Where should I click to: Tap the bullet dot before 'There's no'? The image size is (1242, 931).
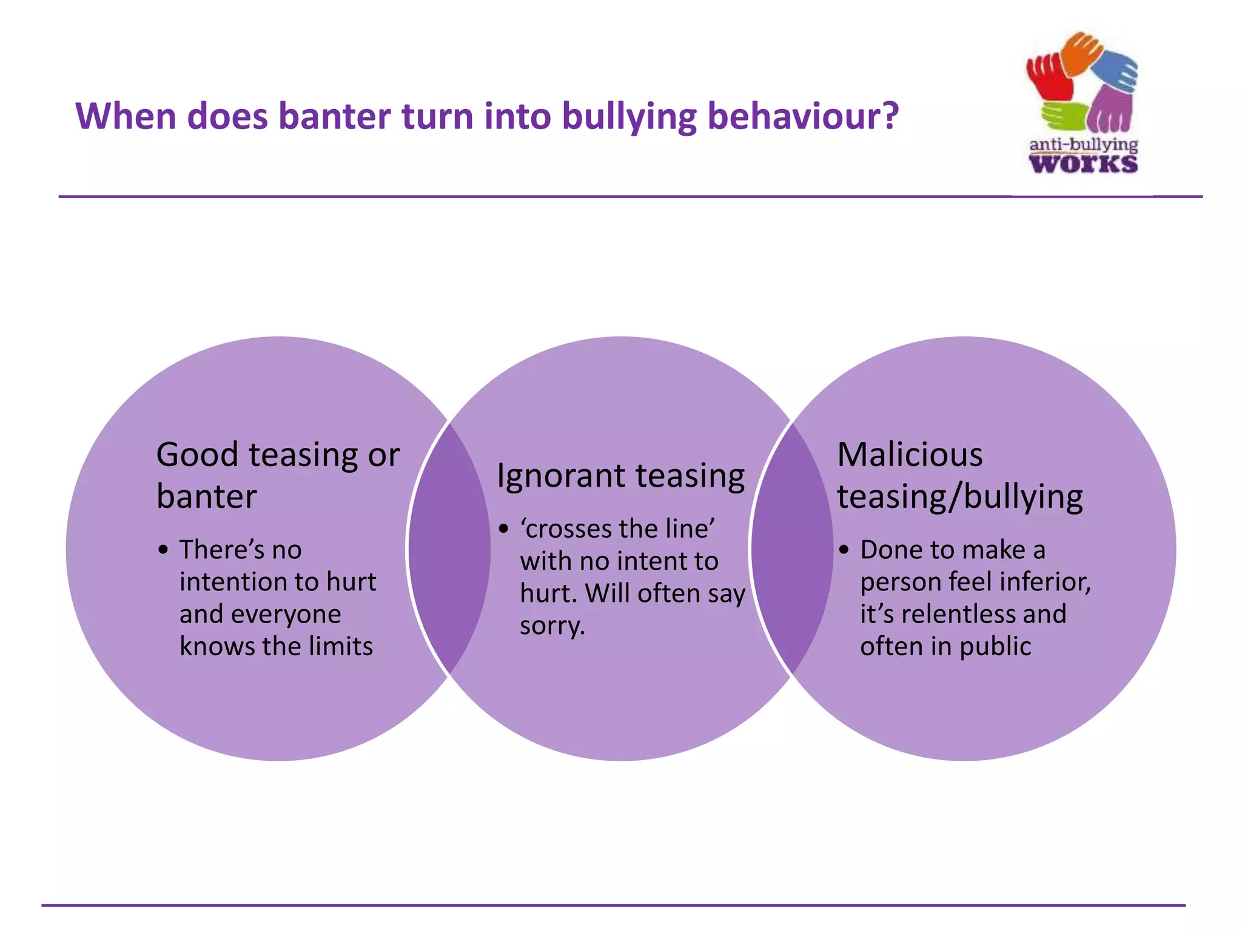tap(163, 550)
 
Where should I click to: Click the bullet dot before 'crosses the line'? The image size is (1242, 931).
tap(503, 529)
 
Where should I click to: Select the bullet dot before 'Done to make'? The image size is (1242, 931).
tap(844, 550)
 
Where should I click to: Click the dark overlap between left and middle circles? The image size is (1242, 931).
tap(449, 549)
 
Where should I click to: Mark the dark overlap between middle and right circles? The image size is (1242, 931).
tap(792, 549)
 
